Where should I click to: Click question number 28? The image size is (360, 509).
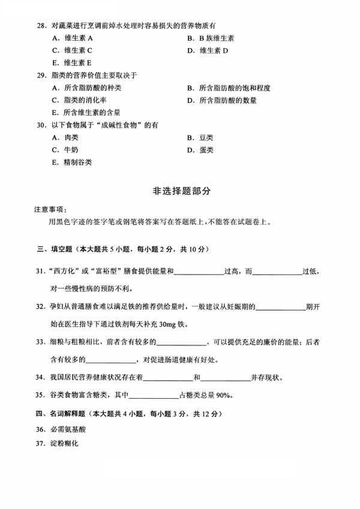pos(40,26)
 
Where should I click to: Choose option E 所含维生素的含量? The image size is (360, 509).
pos(86,112)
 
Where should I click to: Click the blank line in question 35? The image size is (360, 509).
pos(154,396)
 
